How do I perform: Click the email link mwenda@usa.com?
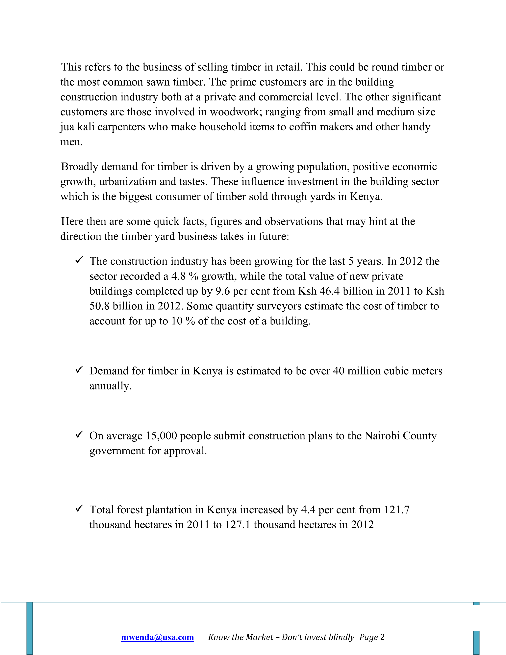(x=157, y=637)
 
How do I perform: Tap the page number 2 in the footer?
(x=382, y=637)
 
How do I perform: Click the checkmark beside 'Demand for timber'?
(x=79, y=370)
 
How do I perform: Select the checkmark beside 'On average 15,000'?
(x=79, y=434)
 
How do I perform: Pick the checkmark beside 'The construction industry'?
(x=79, y=260)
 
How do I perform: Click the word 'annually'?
(x=110, y=386)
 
